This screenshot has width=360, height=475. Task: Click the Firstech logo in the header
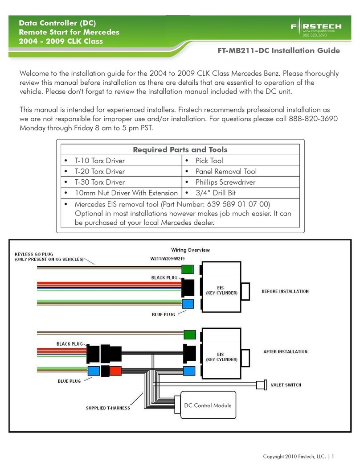pyautogui.click(x=316, y=28)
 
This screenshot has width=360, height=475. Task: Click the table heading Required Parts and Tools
pyautogui.click(x=180, y=150)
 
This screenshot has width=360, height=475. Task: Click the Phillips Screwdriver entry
pyautogui.click(x=225, y=182)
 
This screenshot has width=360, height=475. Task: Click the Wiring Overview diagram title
pyautogui.click(x=190, y=250)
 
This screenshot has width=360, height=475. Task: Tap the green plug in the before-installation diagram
pyautogui.click(x=188, y=269)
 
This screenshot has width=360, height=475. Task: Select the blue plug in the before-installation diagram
pyautogui.click(x=188, y=304)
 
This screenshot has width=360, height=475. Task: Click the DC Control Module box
pyautogui.click(x=208, y=405)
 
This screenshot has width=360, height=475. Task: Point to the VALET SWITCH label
pyautogui.click(x=286, y=385)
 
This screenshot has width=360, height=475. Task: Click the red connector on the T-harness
pyautogui.click(x=115, y=371)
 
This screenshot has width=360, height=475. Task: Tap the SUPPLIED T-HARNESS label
pyautogui.click(x=108, y=408)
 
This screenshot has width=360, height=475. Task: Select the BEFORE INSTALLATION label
pyautogui.click(x=285, y=291)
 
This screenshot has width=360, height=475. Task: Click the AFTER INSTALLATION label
pyautogui.click(x=285, y=352)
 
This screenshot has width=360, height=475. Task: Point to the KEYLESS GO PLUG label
pyautogui.click(x=34, y=254)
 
